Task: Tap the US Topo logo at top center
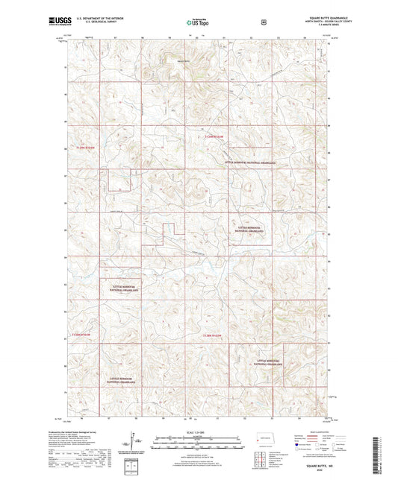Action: (198, 22)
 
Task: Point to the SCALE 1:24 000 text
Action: (198, 432)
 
